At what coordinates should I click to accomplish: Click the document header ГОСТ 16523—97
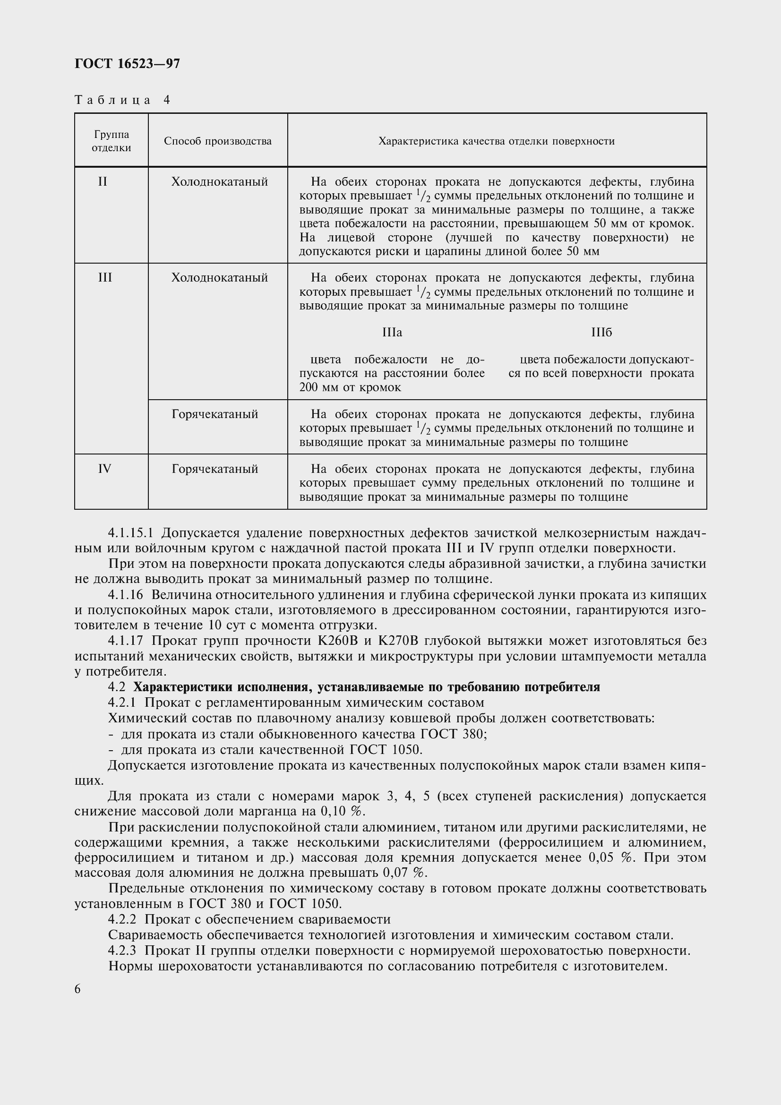pos(127,63)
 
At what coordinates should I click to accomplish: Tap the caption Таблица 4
pos(122,100)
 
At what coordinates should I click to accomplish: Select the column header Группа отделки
pos(111,141)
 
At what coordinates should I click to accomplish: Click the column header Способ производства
pos(217,141)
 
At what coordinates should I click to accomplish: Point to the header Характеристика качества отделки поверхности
pos(496,141)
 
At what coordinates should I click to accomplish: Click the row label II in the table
pos(103,182)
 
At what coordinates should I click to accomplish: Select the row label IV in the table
pos(104,469)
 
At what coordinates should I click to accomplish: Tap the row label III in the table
pos(104,278)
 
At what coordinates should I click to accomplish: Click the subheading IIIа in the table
pos(392,333)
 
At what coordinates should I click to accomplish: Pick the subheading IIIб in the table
pos(601,333)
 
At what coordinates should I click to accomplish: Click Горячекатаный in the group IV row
pos(215,469)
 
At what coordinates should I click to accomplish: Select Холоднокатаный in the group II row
pos(219,182)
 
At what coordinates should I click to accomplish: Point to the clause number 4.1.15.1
pos(130,533)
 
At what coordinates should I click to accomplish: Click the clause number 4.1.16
pos(126,595)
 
